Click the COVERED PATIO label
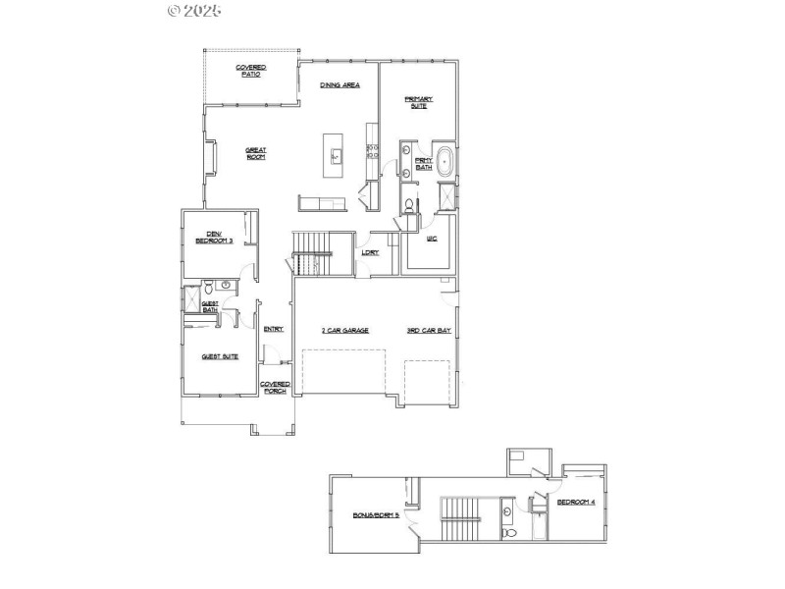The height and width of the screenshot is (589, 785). click(251, 71)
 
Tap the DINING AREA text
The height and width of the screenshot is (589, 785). click(340, 85)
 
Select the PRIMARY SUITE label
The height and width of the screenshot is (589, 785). click(419, 102)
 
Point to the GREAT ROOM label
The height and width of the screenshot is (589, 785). click(256, 153)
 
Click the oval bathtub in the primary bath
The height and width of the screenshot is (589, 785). click(445, 161)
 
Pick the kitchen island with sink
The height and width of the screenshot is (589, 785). click(337, 154)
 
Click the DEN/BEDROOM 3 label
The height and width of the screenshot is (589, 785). click(213, 236)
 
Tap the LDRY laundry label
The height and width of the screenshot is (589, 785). click(370, 252)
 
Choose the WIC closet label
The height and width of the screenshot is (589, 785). click(432, 239)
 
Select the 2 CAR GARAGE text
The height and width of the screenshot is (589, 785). click(344, 330)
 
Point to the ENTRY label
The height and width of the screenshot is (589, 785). click(273, 329)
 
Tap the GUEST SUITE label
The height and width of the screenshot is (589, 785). click(220, 356)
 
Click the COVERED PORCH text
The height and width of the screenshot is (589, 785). click(274, 387)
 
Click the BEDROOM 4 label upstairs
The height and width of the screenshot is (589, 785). click(577, 502)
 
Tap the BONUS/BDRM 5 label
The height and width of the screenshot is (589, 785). click(377, 514)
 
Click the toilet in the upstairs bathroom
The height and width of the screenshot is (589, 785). click(507, 533)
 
